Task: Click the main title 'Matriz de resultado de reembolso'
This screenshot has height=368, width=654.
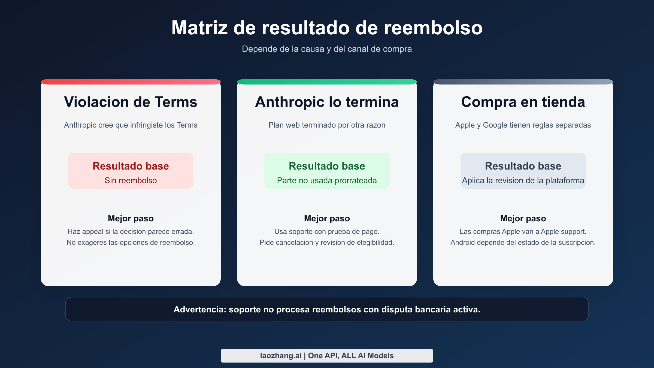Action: [327, 28]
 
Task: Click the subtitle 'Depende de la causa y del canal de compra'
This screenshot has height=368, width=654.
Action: [327, 49]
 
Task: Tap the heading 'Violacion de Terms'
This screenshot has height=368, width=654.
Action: [131, 102]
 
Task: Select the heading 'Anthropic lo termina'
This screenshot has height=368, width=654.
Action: [327, 102]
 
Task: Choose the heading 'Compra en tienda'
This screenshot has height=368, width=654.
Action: [523, 102]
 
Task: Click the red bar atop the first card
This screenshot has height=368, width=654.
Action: [131, 82]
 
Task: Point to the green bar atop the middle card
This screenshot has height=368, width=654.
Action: [327, 82]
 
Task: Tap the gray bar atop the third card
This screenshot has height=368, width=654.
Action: [523, 82]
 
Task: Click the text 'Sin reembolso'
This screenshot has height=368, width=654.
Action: [131, 180]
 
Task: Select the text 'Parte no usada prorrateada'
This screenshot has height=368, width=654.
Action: [327, 180]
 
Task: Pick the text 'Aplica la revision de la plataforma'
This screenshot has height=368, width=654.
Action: [523, 180]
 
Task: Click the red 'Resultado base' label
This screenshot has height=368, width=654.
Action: [131, 166]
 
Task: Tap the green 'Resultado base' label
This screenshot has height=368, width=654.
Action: [327, 166]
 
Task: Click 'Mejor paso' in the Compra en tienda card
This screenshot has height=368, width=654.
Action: [523, 218]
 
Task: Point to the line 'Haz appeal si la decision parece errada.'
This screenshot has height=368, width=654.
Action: [131, 231]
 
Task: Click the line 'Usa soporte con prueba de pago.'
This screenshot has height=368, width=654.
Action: [327, 231]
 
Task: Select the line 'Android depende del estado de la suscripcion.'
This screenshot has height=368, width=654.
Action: [523, 242]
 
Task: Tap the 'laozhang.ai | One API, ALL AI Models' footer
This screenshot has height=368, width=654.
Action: [327, 356]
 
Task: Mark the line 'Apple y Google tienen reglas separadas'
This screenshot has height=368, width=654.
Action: [523, 125]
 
